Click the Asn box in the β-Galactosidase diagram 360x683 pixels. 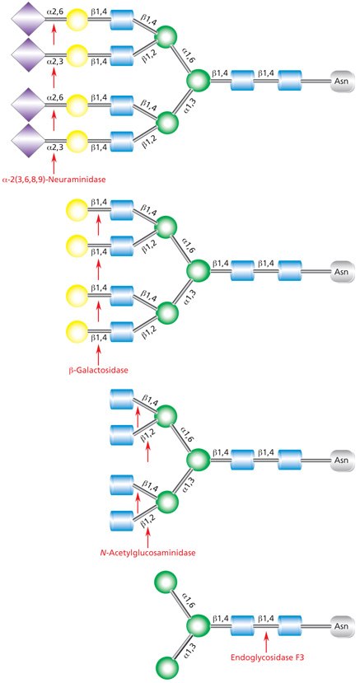click(340, 271)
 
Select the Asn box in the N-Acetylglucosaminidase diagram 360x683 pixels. click(340, 459)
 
